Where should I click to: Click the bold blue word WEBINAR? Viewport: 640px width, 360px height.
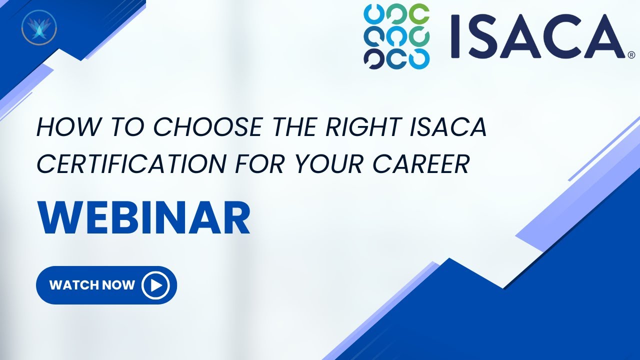point(144,219)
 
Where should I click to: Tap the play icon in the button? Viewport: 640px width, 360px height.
point(155,285)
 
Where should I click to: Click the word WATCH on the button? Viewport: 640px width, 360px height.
point(73,285)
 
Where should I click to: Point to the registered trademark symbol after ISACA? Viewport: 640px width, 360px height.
point(631,54)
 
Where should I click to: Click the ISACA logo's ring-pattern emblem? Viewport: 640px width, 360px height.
point(396,36)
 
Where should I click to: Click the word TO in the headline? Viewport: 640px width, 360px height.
point(119,128)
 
